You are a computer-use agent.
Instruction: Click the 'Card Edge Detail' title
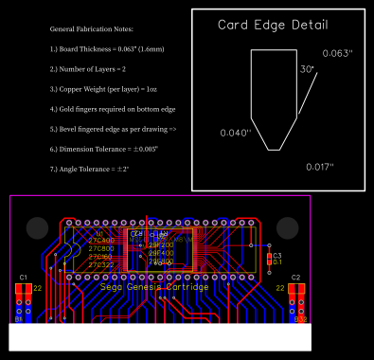pyautogui.click(x=273, y=26)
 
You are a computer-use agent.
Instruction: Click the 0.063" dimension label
pyautogui.click(x=337, y=54)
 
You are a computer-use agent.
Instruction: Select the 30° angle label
pyautogui.click(x=307, y=69)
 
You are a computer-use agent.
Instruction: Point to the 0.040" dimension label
pyautogui.click(x=236, y=134)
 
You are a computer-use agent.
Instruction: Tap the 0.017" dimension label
pyautogui.click(x=321, y=167)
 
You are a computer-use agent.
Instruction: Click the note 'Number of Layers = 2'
pyautogui.click(x=88, y=70)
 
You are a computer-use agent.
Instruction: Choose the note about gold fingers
pyautogui.click(x=113, y=110)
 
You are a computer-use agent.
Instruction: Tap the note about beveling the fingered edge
pyautogui.click(x=114, y=128)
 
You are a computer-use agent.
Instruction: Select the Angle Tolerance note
pyautogui.click(x=89, y=169)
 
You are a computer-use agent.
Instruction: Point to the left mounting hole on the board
pyautogui.click(x=37, y=227)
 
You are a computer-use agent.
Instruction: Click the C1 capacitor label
pyautogui.click(x=23, y=277)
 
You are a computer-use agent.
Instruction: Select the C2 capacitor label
pyautogui.click(x=296, y=277)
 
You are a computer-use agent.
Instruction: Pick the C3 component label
pyautogui.click(x=277, y=256)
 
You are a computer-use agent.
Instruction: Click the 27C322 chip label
pyautogui.click(x=100, y=265)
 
